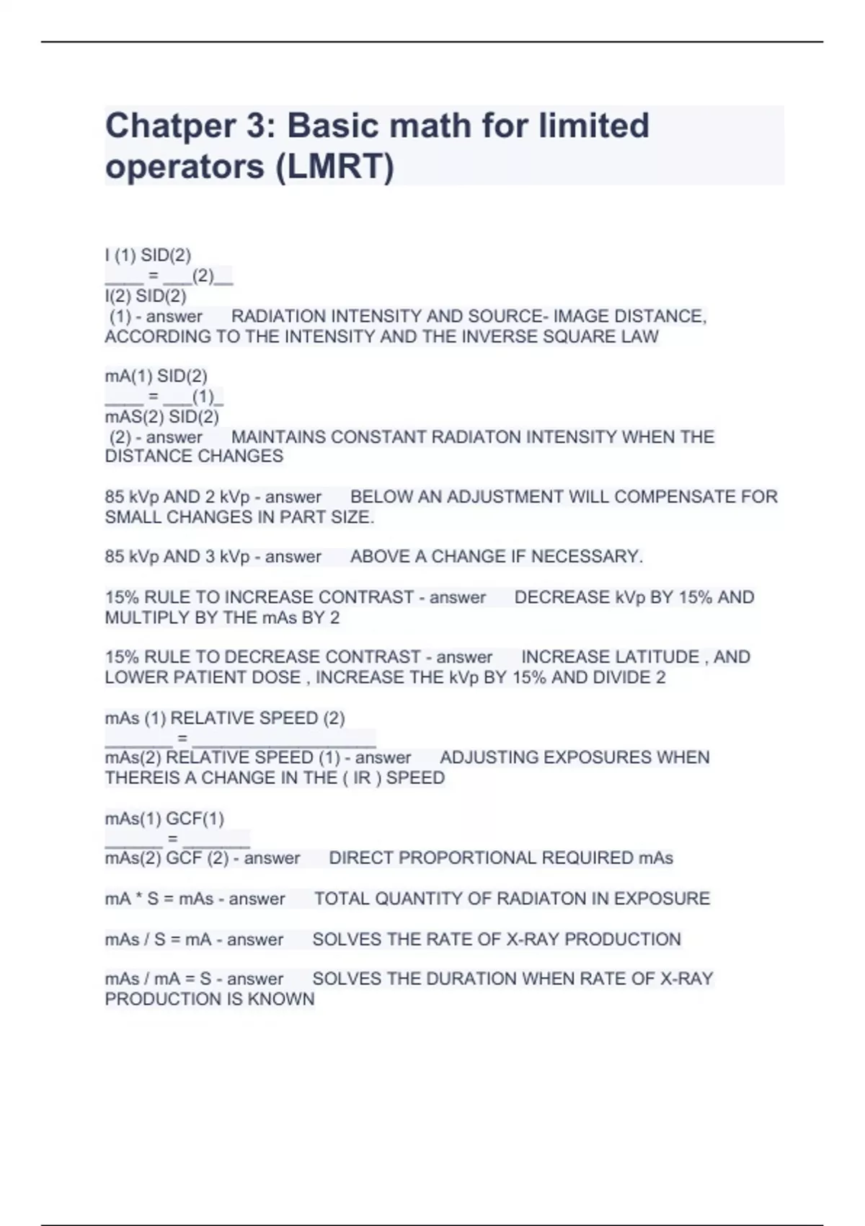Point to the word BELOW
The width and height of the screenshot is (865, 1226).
pos(377,497)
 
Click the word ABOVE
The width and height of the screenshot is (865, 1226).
pos(377,557)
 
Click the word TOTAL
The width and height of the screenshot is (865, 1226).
pos(342,899)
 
